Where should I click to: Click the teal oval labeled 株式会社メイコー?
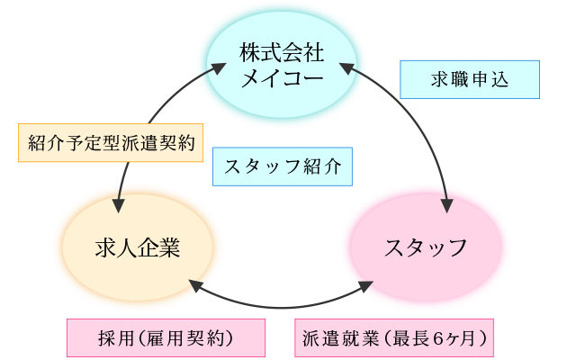[281, 66]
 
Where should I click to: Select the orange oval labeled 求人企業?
[137, 245]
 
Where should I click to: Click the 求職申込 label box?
[468, 79]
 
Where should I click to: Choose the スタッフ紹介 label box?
[282, 167]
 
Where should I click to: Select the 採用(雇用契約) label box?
[166, 338]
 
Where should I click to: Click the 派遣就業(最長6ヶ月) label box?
[395, 338]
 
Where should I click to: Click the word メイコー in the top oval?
[281, 77]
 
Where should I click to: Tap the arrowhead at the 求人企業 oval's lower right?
[193, 283]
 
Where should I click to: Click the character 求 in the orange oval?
[106, 246]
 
